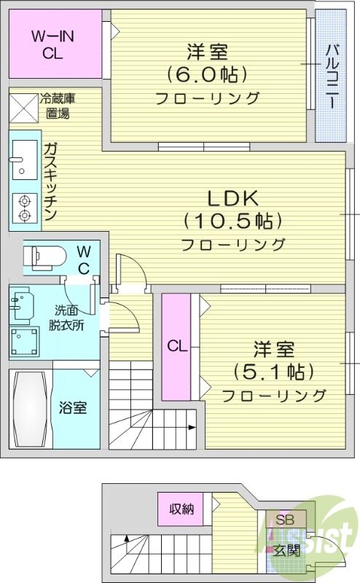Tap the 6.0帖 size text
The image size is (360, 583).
[207, 74]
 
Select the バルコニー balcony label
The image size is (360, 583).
[332, 76]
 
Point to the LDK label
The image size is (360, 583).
[232, 197]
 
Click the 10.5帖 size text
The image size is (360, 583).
[232, 220]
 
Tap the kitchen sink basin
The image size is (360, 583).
[23, 161]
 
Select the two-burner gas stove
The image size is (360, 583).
[23, 208]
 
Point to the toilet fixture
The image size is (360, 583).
[39, 257]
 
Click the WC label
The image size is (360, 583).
[84, 259]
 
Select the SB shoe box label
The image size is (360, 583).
[283, 521]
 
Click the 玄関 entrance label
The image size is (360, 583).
[286, 550]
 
